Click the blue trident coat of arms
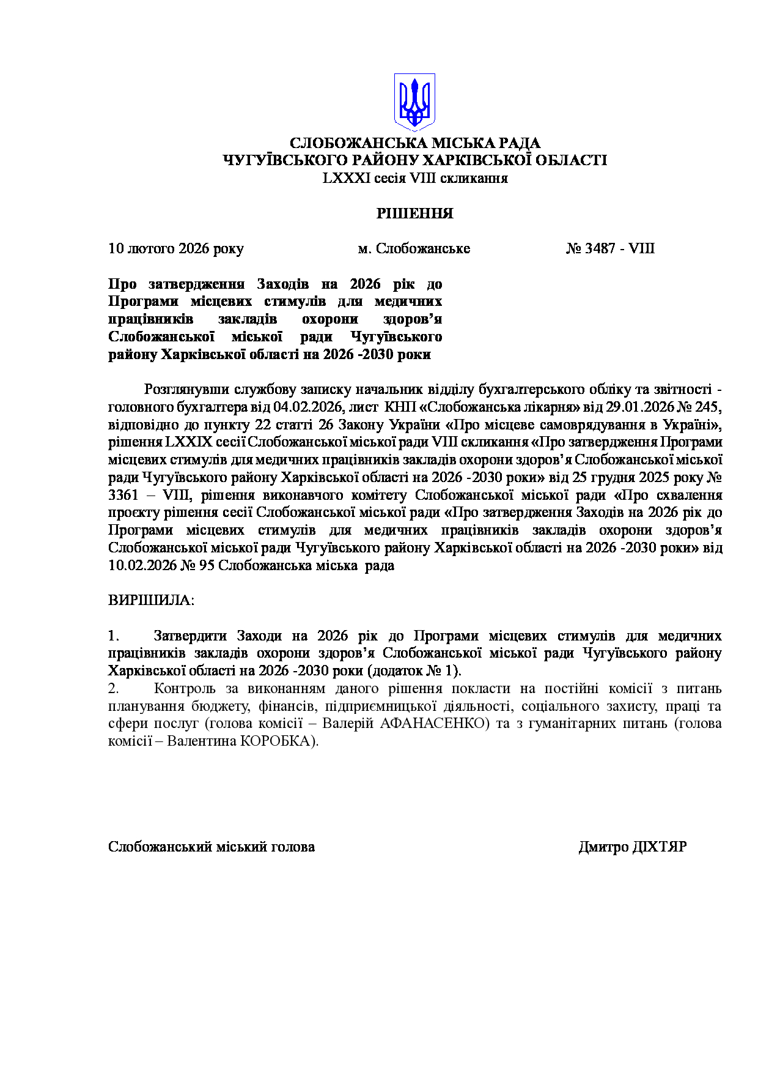pyautogui.click(x=414, y=102)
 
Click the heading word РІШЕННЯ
pyautogui.click(x=414, y=213)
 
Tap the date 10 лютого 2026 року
pyautogui.click(x=176, y=248)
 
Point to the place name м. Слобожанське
pyautogui.click(x=414, y=248)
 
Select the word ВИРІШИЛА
pyautogui.click(x=150, y=600)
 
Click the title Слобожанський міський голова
pyautogui.click(x=212, y=847)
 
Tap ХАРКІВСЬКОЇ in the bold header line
pyautogui.click(x=476, y=160)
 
